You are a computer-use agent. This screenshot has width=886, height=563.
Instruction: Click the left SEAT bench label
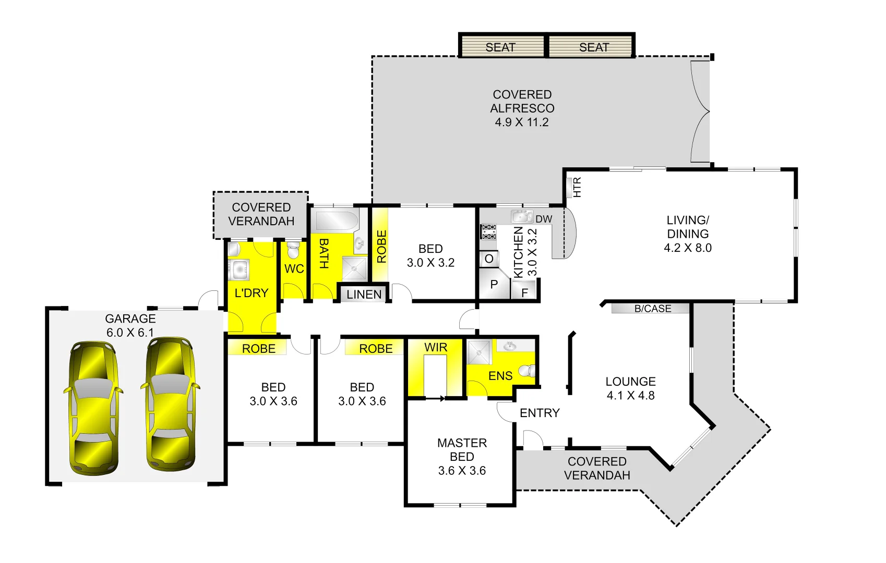[x=500, y=47]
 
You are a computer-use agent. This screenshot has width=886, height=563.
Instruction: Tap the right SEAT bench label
[x=594, y=47]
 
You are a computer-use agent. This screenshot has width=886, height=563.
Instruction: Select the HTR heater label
[x=577, y=187]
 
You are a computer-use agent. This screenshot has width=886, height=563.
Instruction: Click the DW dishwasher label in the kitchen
[x=543, y=219]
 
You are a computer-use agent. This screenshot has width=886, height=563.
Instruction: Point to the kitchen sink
[x=521, y=217]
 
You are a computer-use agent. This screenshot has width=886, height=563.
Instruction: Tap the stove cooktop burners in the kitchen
[x=489, y=232]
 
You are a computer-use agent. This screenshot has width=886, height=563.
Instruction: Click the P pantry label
[x=494, y=285]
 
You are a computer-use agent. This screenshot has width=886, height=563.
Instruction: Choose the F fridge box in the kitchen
[x=524, y=292]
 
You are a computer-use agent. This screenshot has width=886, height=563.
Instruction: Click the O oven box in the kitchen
[x=489, y=259]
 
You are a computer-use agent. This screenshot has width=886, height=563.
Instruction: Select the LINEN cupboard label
[x=364, y=295]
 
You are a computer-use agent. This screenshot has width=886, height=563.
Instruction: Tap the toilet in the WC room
[x=293, y=251]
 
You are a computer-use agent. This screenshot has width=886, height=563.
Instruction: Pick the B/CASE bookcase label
[x=652, y=309]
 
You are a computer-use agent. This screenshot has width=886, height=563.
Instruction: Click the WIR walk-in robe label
[x=435, y=348]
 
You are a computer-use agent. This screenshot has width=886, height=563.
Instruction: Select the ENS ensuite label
[x=500, y=376]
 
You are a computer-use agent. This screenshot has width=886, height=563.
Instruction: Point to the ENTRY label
[x=540, y=413]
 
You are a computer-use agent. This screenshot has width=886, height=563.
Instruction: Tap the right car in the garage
[x=170, y=404]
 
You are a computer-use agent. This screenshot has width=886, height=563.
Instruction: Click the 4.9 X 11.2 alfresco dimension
[x=522, y=123]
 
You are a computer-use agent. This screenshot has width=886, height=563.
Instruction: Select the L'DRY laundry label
[x=251, y=293]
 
